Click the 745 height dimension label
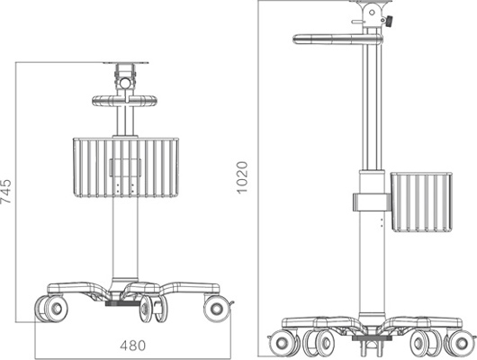pyautogui.click(x=5, y=192)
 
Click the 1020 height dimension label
pyautogui.click(x=242, y=177)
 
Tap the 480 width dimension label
pyautogui.click(x=133, y=346)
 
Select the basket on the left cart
pyautogui.click(x=126, y=167)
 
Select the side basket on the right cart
pyautogui.click(x=421, y=202)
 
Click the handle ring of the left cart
pyautogui.click(x=125, y=101)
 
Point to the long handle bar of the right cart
pyautogui.click(x=337, y=40)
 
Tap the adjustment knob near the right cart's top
pyautogui.click(x=389, y=22)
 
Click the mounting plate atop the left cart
pyautogui.click(x=126, y=63)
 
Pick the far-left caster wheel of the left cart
pyautogui.click(x=51, y=309)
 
